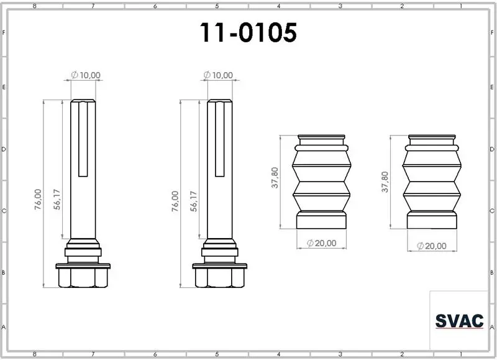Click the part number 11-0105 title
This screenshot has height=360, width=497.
248,32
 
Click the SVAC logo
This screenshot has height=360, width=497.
459,321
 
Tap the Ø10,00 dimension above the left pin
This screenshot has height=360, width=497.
86,75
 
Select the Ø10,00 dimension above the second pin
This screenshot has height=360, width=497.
218,75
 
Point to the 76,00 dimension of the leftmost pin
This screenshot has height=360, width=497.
38,199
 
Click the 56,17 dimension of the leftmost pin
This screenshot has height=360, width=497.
57,199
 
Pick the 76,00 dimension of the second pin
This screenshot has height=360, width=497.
175,201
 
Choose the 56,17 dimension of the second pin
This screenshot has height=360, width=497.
194,201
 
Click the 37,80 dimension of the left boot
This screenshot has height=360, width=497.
275,178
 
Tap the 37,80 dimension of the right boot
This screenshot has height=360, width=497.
385,182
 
